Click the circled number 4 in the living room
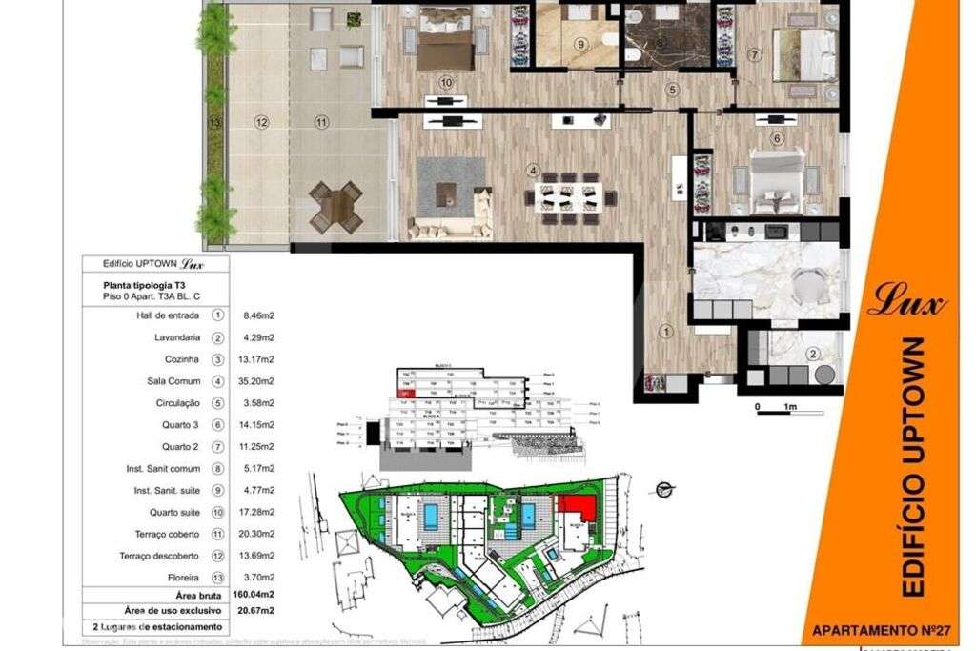534,171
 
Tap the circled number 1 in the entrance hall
667,331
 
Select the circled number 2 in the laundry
812,354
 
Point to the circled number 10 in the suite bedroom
446,83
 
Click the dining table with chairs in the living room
569,196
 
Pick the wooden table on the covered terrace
335,206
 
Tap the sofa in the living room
450,228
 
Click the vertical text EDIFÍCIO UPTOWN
912,467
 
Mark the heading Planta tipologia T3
152,285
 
